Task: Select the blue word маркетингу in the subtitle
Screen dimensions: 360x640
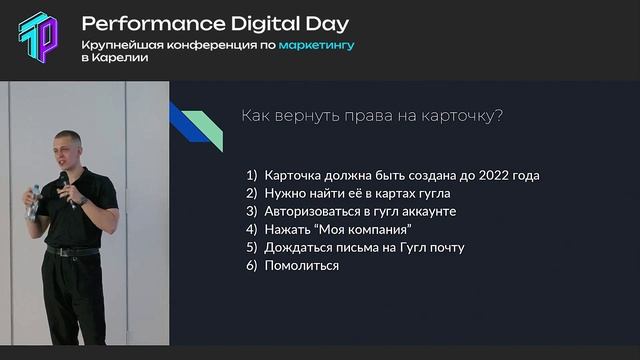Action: click(x=316, y=45)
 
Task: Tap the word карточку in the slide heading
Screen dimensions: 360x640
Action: click(x=460, y=115)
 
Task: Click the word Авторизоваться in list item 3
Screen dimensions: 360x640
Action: click(x=313, y=211)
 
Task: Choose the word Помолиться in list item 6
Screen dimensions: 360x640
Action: click(x=301, y=265)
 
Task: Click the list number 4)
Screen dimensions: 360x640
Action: click(x=251, y=229)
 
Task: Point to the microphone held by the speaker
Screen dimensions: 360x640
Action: click(x=63, y=180)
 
